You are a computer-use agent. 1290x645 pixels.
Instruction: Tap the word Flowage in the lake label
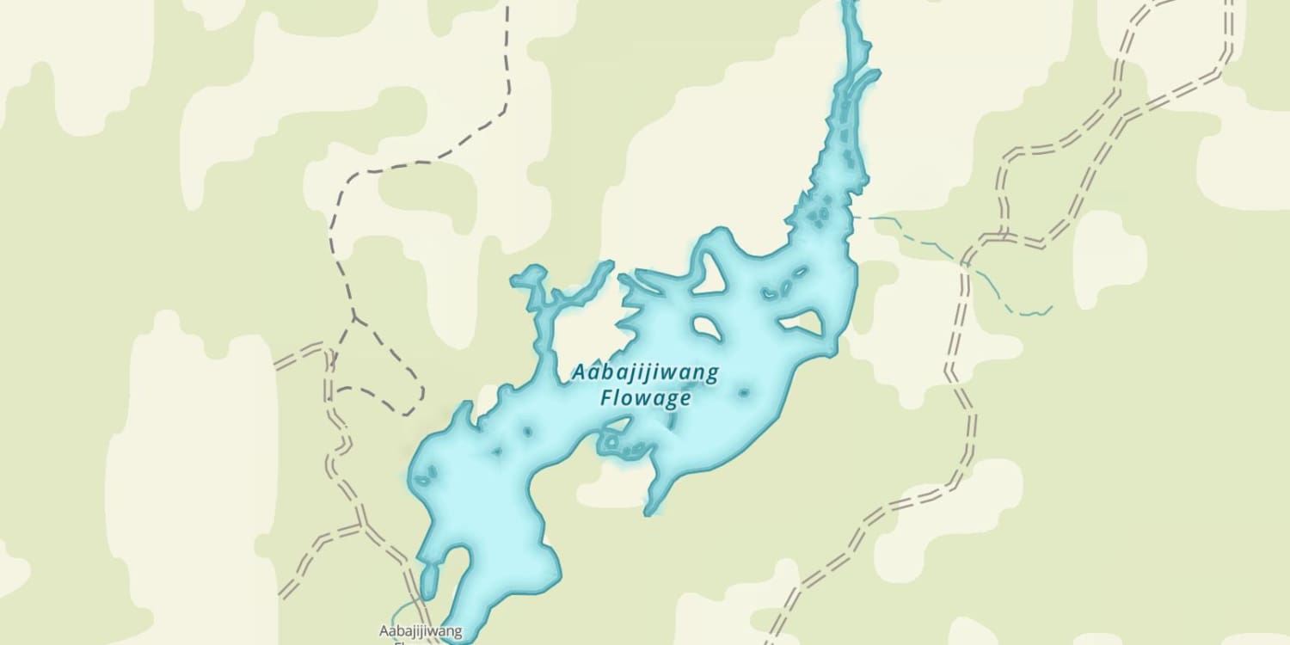645,398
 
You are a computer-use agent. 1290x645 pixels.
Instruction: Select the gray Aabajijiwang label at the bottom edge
421,632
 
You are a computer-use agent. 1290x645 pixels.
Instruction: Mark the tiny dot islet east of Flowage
743,393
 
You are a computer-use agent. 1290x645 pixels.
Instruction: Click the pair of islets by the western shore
426,474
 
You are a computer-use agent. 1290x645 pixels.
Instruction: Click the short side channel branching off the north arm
864,82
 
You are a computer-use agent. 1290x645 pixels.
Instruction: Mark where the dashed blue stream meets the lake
854,217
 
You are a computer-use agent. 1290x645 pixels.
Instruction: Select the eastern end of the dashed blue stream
1051,306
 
